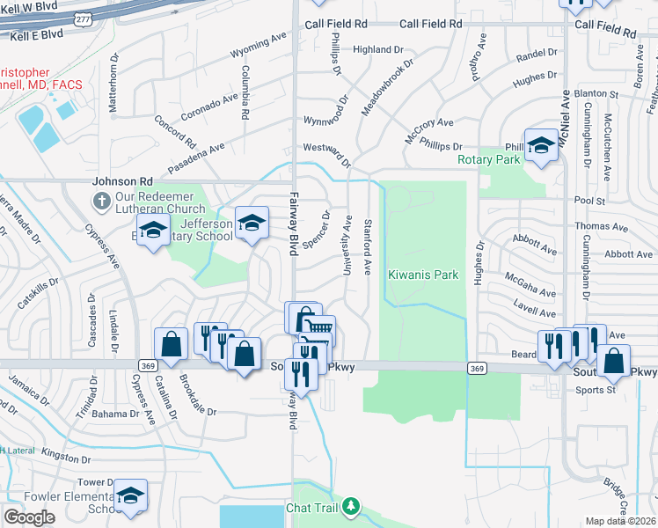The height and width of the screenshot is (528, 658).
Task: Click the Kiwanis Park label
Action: (423, 275)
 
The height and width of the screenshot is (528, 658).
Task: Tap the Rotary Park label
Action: (489, 160)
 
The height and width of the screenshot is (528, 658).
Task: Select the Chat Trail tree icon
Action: (351, 507)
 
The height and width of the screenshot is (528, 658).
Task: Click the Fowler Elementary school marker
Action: (130, 496)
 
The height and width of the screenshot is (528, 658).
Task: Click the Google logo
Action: (29, 517)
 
